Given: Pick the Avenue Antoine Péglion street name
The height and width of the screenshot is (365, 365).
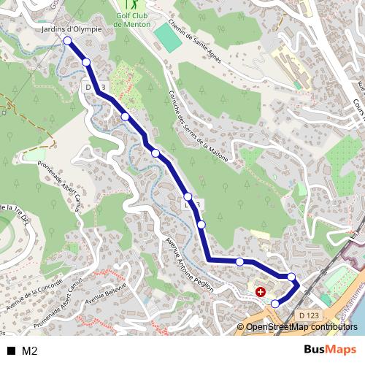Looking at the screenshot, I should point(189,264).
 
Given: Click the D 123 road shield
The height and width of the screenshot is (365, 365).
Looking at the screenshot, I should point(309,315).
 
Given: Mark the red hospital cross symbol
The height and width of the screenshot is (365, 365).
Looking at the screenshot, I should point(261,292).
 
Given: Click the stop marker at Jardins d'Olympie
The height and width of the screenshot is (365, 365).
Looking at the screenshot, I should point(68,41).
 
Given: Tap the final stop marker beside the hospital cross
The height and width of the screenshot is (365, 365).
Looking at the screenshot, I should point(275,304).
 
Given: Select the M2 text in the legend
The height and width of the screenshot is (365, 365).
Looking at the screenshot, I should point(29,350).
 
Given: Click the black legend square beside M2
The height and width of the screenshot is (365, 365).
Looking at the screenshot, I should point(11,350).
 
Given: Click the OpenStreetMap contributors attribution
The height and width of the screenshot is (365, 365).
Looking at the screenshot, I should point(301,328).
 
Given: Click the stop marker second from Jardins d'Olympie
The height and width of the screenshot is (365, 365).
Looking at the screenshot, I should point(87,63).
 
